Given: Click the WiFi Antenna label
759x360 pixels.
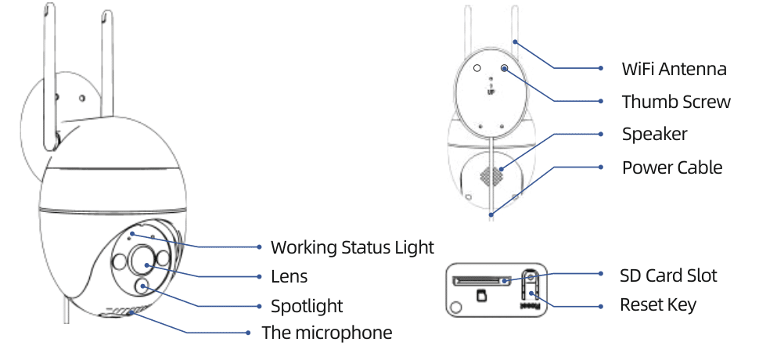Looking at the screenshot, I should pos(674,69).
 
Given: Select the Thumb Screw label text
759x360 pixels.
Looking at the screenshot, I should pos(676,102).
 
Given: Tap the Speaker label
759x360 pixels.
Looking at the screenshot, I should pos(654,134).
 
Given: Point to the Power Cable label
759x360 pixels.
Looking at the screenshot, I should pos(672,167).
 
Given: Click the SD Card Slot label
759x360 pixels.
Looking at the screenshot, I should pos(668,275).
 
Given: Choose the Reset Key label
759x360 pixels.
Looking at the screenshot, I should pos(658,304).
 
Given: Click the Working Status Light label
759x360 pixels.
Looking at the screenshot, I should pos(352,247).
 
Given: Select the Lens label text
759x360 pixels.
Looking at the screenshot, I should pos(289,276).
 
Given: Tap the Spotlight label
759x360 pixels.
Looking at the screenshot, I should pos(307,305).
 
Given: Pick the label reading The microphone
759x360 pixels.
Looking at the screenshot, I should pos(327,333).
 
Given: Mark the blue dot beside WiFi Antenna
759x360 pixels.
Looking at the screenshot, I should pos(601,69).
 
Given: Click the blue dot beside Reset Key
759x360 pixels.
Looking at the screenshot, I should pos(601,304).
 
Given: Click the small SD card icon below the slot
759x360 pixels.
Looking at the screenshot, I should pos(482,294).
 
